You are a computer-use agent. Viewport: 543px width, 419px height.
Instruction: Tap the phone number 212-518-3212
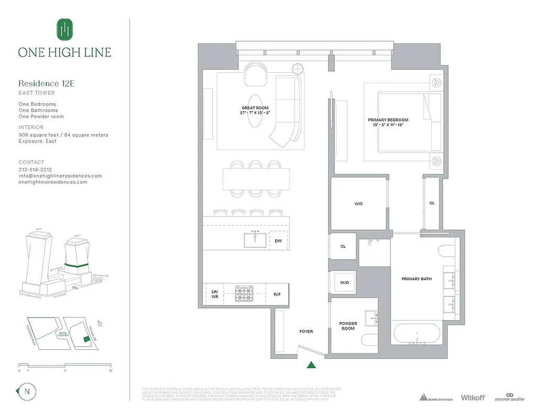pos(35,170)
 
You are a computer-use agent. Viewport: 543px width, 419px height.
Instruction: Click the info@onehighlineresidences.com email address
pos(60,176)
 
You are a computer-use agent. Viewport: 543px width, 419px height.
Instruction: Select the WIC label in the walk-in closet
pos(359,204)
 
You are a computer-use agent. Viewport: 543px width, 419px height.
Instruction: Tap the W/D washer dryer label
pos(344,282)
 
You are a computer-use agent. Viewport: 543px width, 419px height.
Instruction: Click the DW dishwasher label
pos(278,241)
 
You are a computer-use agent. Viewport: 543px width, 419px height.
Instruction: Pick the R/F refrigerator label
pos(277,294)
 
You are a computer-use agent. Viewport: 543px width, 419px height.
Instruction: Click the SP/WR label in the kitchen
pos(214,294)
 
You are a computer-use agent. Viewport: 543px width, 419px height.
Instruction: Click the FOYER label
pos(306,331)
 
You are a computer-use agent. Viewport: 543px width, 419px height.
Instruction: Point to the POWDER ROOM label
pos(348,326)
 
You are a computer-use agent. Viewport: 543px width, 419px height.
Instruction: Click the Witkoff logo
pos(472,398)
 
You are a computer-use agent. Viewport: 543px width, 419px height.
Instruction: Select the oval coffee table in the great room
pos(255,111)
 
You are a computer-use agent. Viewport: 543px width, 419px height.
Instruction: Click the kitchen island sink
pos(255,239)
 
